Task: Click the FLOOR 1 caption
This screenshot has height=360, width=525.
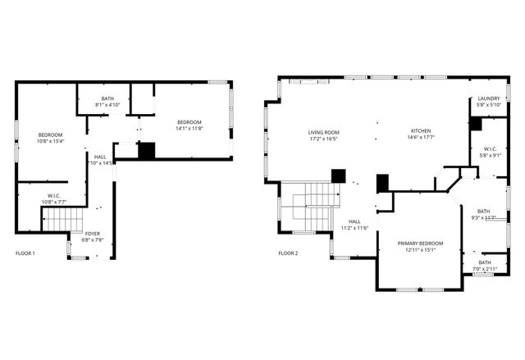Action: (x=25, y=253)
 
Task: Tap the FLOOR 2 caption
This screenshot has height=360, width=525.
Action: (x=288, y=253)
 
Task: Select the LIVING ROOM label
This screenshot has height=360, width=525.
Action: (x=324, y=132)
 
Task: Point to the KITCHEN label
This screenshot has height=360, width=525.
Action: (x=421, y=132)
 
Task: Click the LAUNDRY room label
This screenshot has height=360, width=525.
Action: (x=489, y=99)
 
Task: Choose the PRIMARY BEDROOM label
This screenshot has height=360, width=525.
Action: (x=420, y=244)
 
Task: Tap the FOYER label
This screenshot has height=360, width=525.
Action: (x=94, y=234)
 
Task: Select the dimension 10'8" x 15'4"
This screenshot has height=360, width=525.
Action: (x=50, y=141)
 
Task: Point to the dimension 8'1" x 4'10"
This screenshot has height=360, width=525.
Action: (x=107, y=105)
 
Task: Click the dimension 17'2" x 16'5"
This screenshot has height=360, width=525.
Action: (x=324, y=139)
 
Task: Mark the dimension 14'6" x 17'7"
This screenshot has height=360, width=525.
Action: (x=421, y=139)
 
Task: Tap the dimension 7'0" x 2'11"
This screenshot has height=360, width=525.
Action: (x=484, y=269)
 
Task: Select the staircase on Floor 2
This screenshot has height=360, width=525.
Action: (x=315, y=205)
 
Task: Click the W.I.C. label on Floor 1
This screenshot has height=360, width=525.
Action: (x=54, y=195)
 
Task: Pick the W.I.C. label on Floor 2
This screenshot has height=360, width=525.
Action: (x=489, y=148)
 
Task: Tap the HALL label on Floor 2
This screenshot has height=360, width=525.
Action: (x=354, y=221)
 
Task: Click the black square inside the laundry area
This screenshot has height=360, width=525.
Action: (x=476, y=124)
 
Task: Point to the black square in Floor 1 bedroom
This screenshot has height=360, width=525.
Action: (x=147, y=151)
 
